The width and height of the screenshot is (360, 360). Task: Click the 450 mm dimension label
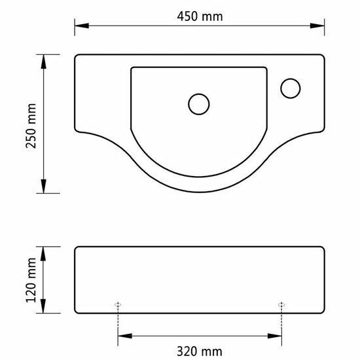(x=200, y=18)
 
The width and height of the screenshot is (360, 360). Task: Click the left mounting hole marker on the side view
(x=118, y=304)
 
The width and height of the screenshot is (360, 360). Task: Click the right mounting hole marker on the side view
(x=282, y=304)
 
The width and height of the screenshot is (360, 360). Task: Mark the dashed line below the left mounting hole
(x=118, y=324)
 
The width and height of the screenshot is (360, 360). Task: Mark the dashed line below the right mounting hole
(x=282, y=324)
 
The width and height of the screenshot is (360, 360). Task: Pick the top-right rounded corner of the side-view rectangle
(x=322, y=249)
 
